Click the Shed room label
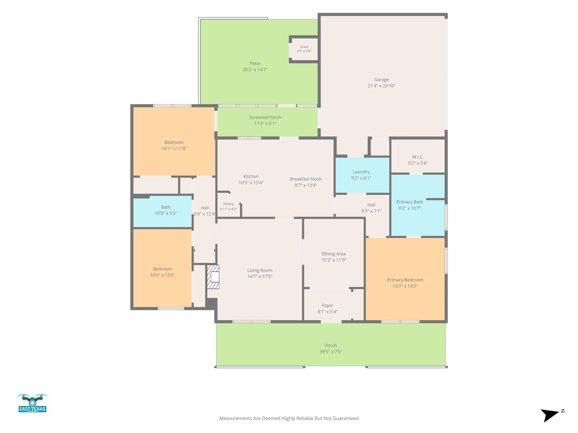pyautogui.click(x=304, y=47)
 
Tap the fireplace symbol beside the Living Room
pyautogui.click(x=213, y=277)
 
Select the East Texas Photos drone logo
pyautogui.click(x=32, y=403)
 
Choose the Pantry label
pyautogui.click(x=228, y=204)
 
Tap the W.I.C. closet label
pyautogui.click(x=418, y=157)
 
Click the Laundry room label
pyautogui.click(x=361, y=172)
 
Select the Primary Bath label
pyautogui.click(x=409, y=202)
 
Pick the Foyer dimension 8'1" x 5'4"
pyautogui.click(x=327, y=312)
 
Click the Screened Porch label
pyautogui.click(x=265, y=117)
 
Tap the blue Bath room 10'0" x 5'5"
pyautogui.click(x=163, y=212)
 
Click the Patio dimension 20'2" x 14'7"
pyautogui.click(x=255, y=70)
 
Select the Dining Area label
pyautogui.click(x=334, y=254)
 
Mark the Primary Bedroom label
pyautogui.click(x=405, y=280)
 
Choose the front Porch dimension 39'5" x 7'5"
pyautogui.click(x=331, y=352)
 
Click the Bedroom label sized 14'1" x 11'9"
pyautogui.click(x=174, y=142)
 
